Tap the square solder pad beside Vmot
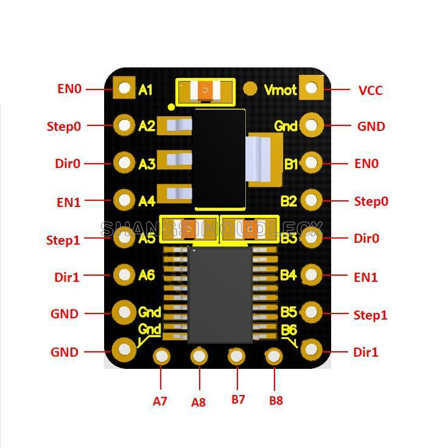(x=312, y=88)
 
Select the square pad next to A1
(x=125, y=88)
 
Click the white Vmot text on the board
(x=281, y=90)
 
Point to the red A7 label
(x=160, y=401)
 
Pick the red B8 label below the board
(x=276, y=401)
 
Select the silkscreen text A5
(x=147, y=238)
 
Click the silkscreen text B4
(x=289, y=275)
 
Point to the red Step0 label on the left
(x=63, y=127)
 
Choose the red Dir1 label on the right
(x=366, y=352)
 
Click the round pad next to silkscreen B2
(x=312, y=200)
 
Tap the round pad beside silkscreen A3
(x=125, y=163)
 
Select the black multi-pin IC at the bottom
(x=220, y=295)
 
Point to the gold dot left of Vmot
(x=250, y=88)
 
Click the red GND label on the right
(x=371, y=127)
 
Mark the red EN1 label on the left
(x=69, y=201)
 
